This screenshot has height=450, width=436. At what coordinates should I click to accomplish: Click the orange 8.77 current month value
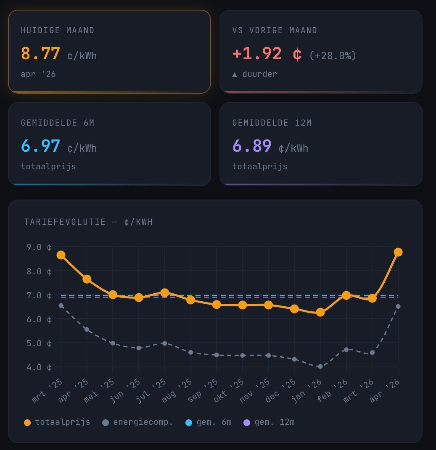pos(41,54)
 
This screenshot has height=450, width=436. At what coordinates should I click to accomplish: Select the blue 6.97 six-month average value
pos(41,147)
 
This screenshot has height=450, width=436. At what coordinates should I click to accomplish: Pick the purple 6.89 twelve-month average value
pos(252,147)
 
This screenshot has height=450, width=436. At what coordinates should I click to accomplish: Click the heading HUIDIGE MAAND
pos(58,31)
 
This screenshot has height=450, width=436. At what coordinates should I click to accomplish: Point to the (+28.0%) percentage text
pos(333,55)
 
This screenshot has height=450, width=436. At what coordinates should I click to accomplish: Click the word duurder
pos(259,74)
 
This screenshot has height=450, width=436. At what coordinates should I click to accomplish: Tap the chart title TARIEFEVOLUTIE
pos(65,222)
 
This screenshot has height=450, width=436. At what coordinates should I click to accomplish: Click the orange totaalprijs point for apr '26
pos(398,252)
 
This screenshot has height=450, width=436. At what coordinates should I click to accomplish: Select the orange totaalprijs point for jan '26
pos(320,312)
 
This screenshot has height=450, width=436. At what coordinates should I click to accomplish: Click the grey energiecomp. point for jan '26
pos(320,366)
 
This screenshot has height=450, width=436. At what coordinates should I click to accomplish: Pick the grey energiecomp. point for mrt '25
pos(61,305)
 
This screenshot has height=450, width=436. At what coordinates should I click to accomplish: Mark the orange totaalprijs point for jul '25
pos(164,292)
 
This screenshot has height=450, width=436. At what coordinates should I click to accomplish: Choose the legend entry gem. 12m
pos(274,422)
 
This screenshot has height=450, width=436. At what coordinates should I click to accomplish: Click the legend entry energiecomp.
pos(143,422)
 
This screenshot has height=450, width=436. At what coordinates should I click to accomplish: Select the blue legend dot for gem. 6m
pos(189,423)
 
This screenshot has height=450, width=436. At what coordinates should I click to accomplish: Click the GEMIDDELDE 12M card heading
pos(272,123)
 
